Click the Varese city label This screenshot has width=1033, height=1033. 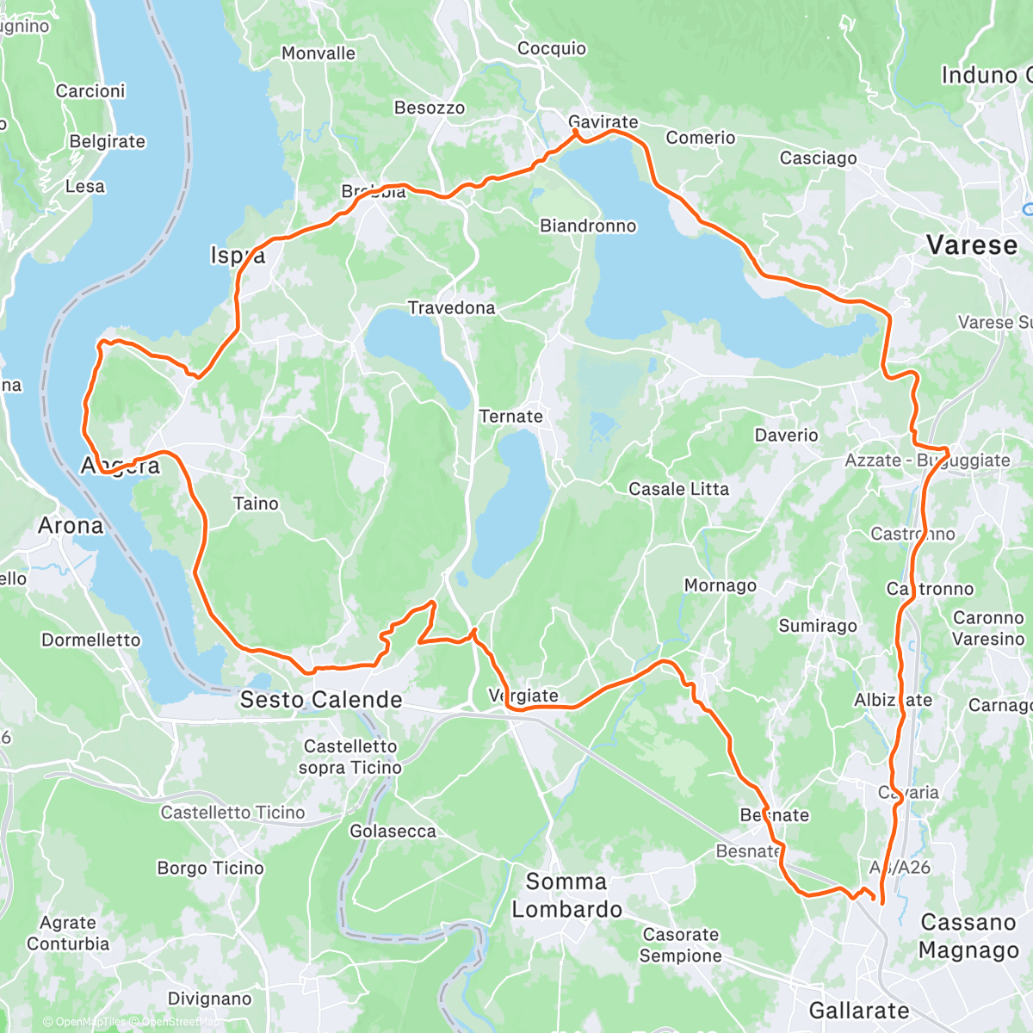click(972, 245)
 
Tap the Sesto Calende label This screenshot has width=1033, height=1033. click(321, 700)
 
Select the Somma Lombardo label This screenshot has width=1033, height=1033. click(566, 895)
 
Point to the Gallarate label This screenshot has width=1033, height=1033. click(859, 1011)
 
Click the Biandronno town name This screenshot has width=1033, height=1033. click(588, 226)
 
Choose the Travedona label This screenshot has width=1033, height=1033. click(451, 308)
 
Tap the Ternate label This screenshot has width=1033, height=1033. click(510, 417)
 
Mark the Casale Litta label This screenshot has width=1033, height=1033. click(678, 489)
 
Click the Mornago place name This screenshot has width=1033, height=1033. click(720, 585)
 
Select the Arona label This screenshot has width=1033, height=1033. click(71, 525)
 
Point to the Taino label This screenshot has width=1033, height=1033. click(256, 504)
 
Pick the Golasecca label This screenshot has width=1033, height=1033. click(393, 832)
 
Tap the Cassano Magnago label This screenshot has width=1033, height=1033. click(968, 936)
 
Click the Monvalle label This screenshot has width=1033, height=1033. click(319, 53)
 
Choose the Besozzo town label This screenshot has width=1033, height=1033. click(430, 108)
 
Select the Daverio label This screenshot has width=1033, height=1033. click(786, 436)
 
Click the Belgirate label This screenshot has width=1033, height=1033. click(108, 142)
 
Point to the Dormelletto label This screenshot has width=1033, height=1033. click(91, 640)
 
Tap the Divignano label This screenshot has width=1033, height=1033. click(210, 999)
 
